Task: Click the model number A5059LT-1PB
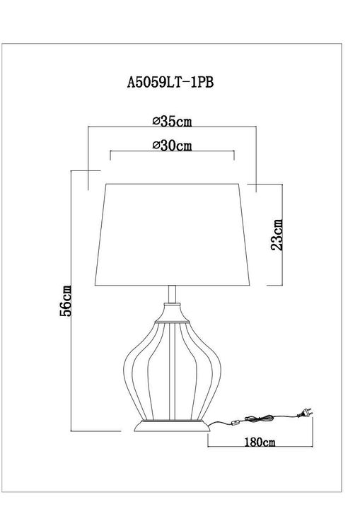click(169, 82)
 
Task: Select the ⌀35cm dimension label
click(172, 121)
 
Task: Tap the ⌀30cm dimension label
click(173, 146)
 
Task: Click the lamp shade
click(172, 233)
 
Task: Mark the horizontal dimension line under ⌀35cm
click(172, 128)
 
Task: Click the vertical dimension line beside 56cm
click(74, 300)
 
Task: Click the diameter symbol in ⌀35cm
click(156, 122)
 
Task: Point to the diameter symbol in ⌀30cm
click(156, 147)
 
